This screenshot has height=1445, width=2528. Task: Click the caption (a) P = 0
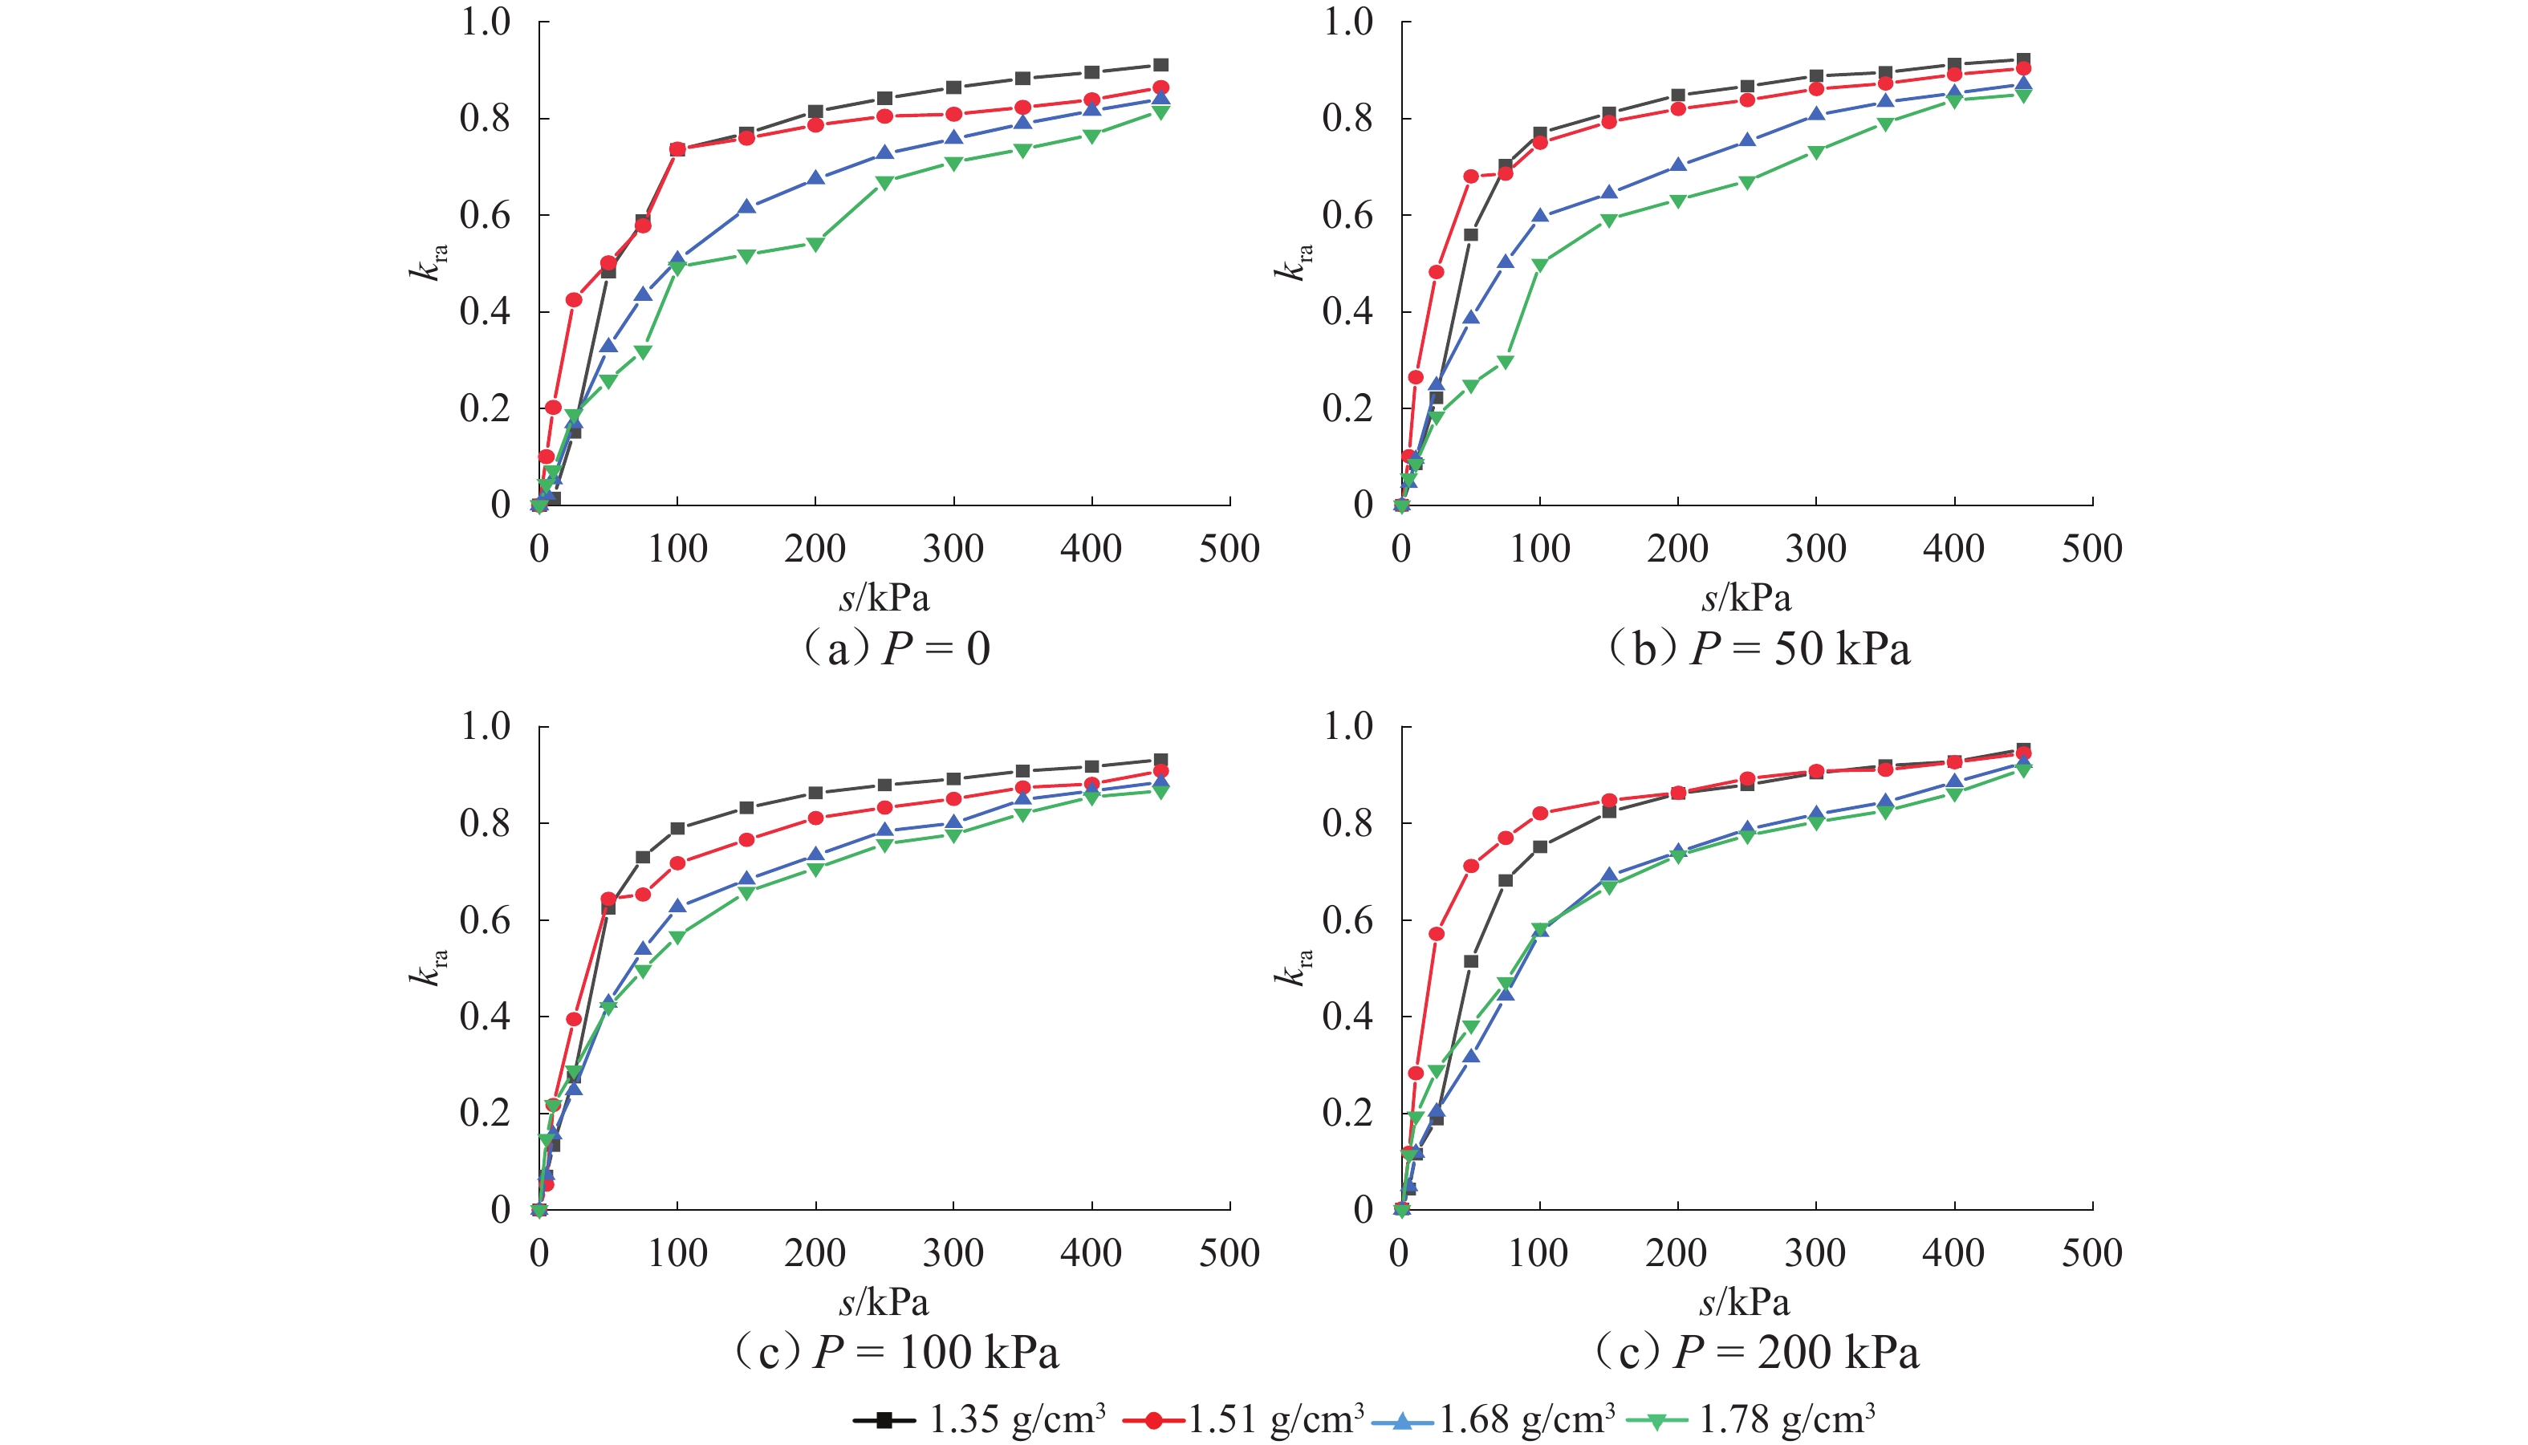[896, 649]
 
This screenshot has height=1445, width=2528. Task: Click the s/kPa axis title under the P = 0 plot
[884, 598]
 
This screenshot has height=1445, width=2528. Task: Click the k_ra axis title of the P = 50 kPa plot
[1292, 262]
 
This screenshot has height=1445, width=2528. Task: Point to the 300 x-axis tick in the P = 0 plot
[953, 549]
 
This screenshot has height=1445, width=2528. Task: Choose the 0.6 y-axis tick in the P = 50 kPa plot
[1347, 215]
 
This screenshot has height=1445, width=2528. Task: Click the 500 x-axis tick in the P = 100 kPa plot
[1229, 1252]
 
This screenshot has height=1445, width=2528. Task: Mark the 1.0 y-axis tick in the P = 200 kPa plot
[1347, 726]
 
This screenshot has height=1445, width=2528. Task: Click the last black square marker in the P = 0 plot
[1160, 66]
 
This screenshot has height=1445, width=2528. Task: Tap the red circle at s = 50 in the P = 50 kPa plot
[1471, 177]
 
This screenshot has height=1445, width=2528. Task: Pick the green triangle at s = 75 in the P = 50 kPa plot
[1506, 362]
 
